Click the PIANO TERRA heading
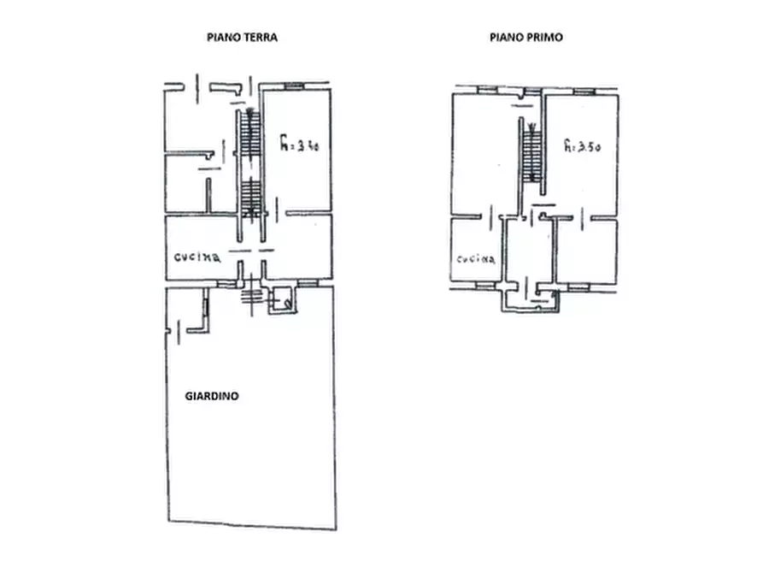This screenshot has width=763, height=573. [242, 38]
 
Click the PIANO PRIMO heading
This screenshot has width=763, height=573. [526, 38]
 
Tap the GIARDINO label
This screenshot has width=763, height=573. [212, 396]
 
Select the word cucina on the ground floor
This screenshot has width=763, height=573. [197, 257]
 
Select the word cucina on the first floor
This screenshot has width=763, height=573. [475, 259]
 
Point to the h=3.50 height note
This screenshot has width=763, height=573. [583, 145]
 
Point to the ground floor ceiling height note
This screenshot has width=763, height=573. [299, 144]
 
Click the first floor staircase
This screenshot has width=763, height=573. [531, 152]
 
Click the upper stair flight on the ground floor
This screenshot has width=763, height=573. [251, 133]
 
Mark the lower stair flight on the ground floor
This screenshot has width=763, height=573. [251, 198]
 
